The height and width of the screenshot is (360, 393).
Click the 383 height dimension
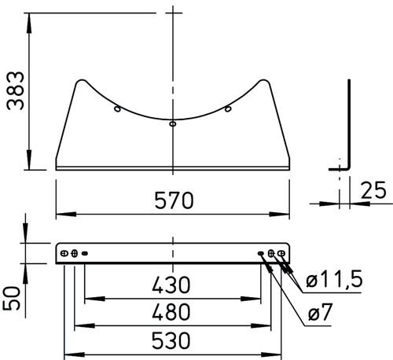point(16,90)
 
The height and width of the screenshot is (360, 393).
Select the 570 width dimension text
point(174,200)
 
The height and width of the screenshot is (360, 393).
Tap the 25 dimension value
point(373,190)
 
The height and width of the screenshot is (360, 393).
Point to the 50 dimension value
point(12,299)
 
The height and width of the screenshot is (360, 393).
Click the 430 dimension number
point(171,285)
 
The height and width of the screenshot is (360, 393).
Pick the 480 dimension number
point(171,312)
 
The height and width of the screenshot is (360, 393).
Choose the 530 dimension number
point(171,340)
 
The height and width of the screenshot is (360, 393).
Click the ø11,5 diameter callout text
point(334,279)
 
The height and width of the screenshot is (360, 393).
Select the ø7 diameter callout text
point(320,312)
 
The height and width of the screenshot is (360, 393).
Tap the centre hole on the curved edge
point(173,123)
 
